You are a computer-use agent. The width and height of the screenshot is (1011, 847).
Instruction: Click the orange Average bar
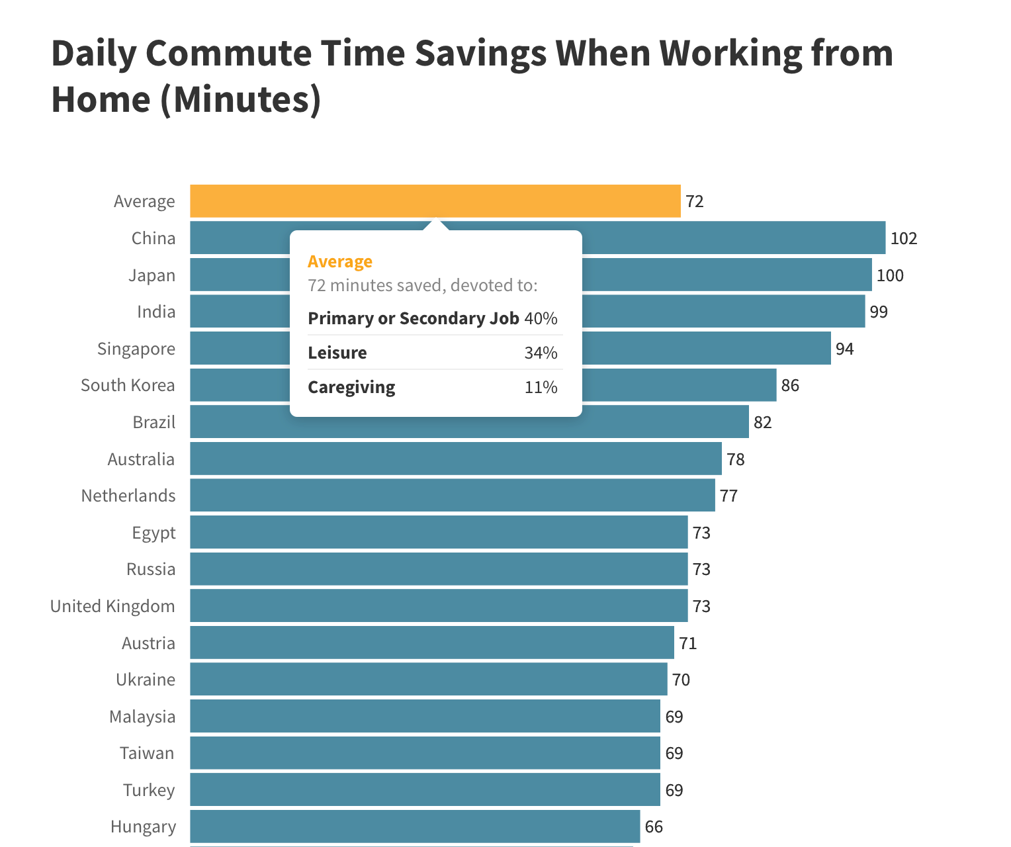point(435,201)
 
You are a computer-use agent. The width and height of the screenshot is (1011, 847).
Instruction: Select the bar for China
point(728,238)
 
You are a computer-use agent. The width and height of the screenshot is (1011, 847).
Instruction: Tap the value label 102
point(903,239)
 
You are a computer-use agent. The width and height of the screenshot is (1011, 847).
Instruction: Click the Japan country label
point(152,275)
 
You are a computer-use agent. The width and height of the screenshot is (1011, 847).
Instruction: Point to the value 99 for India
point(878,312)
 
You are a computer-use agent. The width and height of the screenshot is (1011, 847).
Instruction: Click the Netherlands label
point(128,496)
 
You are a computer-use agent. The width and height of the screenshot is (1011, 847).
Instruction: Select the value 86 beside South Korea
point(789,385)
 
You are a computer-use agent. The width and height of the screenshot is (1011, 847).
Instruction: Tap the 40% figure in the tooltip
point(541,318)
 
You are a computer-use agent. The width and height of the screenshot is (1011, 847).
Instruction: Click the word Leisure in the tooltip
point(337,353)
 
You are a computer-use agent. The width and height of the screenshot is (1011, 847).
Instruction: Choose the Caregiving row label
point(351,387)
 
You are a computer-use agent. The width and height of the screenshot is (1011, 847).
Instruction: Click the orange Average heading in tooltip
point(340,261)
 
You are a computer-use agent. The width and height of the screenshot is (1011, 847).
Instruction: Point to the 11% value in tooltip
point(541,387)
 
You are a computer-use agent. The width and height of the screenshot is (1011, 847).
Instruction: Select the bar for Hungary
point(415,826)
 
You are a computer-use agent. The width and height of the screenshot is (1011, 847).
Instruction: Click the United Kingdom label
point(112,606)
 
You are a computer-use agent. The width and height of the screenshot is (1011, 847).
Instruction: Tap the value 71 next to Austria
point(687,643)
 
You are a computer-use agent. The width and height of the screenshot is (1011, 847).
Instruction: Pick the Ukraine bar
point(428,680)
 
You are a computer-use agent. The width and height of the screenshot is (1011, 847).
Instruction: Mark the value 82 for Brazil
point(762,422)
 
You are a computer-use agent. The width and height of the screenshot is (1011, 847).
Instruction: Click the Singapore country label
point(136,349)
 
